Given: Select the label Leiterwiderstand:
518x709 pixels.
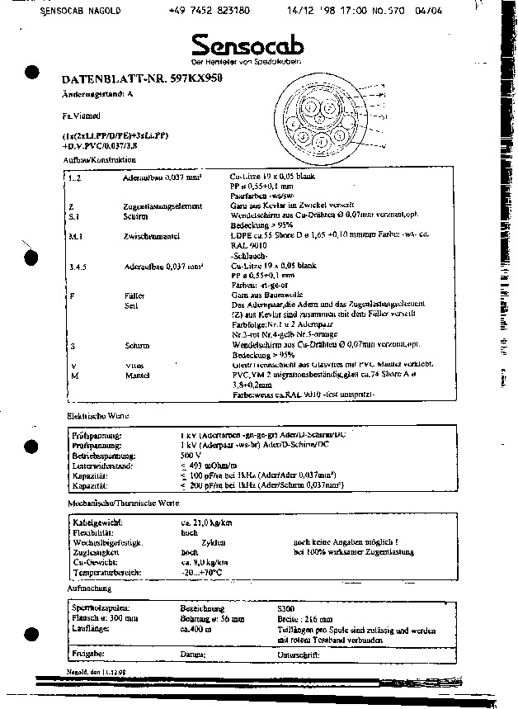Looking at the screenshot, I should (101, 465).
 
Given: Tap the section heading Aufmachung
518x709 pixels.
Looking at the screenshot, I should (89, 588).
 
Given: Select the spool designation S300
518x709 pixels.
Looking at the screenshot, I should (289, 607).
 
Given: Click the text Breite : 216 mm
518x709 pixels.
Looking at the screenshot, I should (305, 618).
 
